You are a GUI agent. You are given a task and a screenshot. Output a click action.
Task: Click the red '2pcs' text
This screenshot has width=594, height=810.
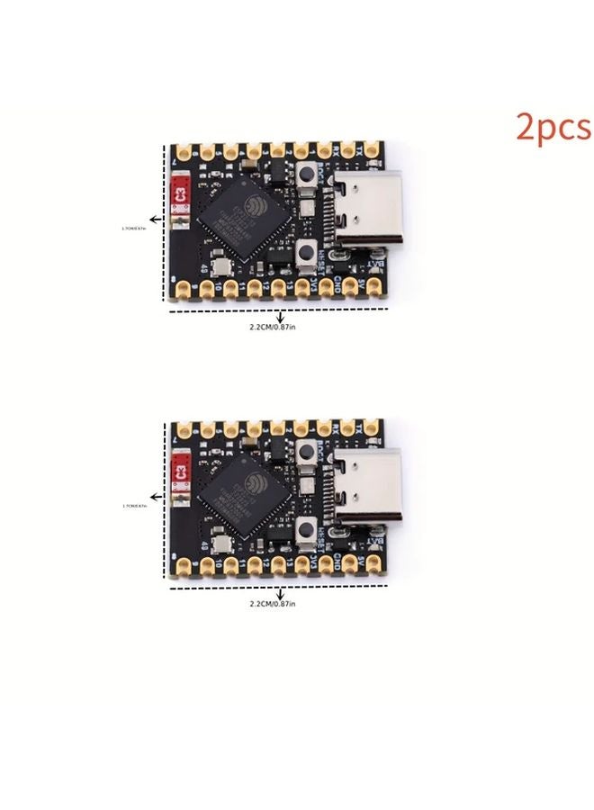point(553,127)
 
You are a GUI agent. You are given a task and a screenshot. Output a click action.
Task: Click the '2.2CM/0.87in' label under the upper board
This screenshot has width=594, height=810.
point(273,328)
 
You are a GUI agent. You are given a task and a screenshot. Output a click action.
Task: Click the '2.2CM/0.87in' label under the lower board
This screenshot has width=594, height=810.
point(273,603)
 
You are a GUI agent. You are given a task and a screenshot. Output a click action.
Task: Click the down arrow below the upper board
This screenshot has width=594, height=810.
point(282,316)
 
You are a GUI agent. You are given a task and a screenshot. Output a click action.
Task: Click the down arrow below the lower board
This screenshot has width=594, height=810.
point(282,592)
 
